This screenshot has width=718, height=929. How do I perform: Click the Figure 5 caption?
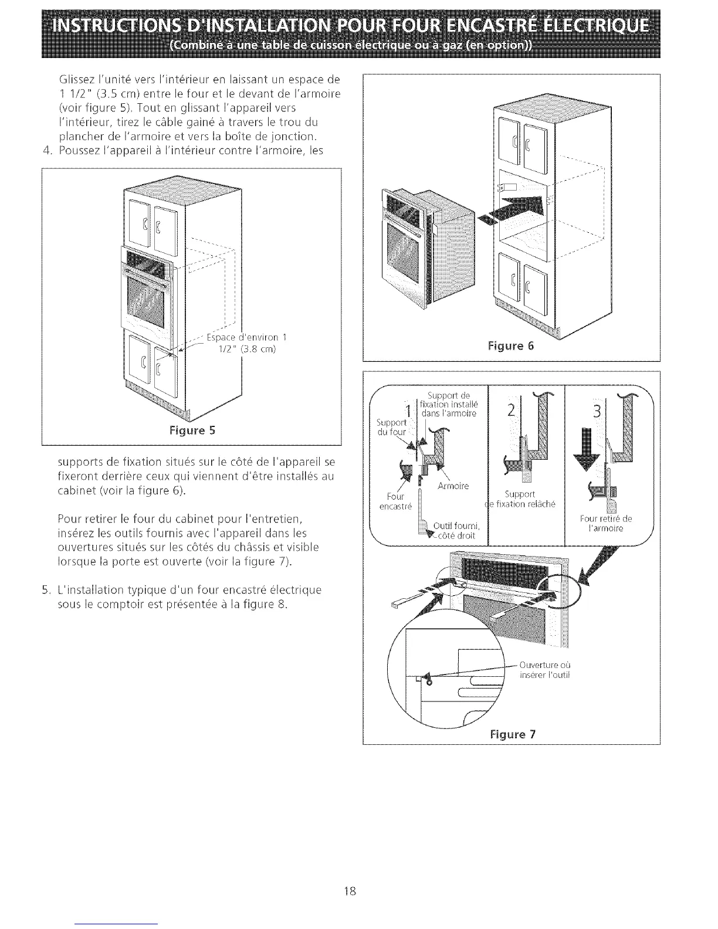[x=192, y=430]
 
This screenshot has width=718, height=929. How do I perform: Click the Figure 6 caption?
[x=511, y=345]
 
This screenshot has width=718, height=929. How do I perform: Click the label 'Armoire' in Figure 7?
[x=453, y=486]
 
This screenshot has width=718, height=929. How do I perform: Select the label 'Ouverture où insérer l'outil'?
[x=545, y=670]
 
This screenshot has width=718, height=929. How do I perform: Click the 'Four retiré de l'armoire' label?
[x=605, y=523]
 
